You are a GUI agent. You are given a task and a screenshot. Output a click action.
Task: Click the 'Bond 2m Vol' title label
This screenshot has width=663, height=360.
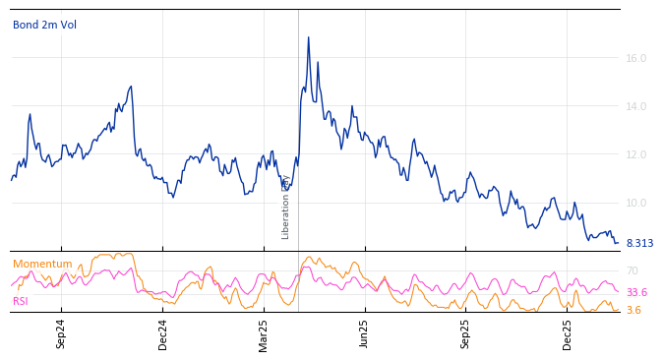(x=44, y=25)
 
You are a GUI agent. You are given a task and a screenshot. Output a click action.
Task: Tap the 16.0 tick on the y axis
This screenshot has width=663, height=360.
(x=635, y=58)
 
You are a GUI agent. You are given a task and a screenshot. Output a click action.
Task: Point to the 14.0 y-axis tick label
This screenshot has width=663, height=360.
(x=635, y=106)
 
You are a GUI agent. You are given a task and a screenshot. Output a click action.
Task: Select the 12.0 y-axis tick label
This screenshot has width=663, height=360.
(x=635, y=154)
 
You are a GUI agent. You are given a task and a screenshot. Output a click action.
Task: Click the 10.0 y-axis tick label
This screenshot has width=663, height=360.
(x=635, y=203)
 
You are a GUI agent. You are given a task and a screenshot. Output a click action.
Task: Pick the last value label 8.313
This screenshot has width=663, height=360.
(x=639, y=243)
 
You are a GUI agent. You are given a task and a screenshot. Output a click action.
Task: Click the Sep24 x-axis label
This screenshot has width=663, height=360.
(x=61, y=333)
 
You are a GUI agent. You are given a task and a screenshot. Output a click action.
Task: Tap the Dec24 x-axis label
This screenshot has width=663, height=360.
(x=163, y=333)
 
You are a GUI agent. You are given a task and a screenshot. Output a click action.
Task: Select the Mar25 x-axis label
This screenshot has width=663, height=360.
(x=264, y=333)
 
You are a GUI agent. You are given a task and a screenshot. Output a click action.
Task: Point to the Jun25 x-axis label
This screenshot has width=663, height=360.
(x=364, y=333)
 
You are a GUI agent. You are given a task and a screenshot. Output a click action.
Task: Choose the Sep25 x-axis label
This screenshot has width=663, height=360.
(x=465, y=333)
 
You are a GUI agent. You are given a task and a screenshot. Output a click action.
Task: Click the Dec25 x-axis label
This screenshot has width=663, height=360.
(x=568, y=333)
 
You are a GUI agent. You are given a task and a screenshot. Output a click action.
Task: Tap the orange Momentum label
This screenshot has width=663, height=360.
(x=42, y=264)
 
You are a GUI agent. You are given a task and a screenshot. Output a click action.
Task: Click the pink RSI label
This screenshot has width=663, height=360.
(x=21, y=301)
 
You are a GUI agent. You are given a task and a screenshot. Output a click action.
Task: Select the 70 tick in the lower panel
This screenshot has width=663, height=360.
(x=632, y=270)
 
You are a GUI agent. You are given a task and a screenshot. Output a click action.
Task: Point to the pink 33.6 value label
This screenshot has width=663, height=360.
(x=636, y=292)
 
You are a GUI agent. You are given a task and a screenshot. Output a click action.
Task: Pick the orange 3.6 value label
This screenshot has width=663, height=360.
(x=633, y=310)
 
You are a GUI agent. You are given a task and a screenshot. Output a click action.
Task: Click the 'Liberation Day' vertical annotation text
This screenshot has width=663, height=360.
(x=286, y=208)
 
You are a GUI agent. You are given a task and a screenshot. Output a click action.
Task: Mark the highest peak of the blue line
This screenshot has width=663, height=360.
(x=308, y=37)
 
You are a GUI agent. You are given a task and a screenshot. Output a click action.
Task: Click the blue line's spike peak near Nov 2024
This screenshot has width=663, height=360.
(x=131, y=87)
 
